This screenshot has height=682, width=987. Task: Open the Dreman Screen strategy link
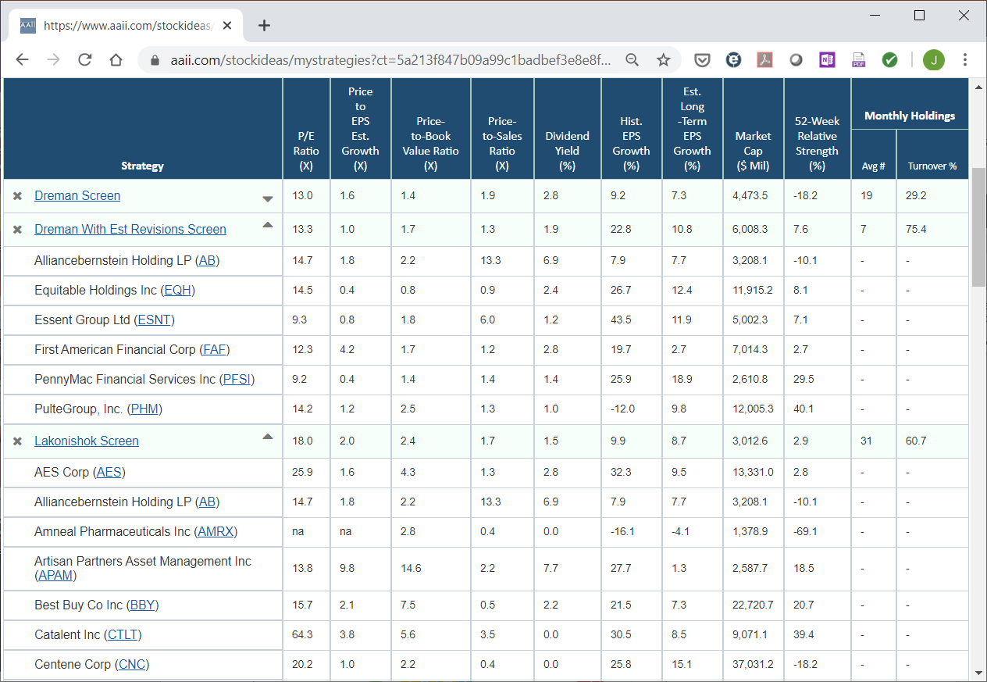coord(77,195)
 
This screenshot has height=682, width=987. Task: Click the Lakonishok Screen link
coord(87,441)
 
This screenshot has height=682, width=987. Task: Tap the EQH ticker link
coord(177,290)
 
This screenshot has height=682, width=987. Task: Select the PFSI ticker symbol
coord(237,379)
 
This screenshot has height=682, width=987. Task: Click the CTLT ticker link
coord(123,634)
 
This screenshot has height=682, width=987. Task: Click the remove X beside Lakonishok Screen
coord(17,441)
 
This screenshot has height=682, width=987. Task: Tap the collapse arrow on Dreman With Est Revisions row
coord(268,225)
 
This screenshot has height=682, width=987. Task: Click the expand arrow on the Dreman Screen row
coord(268,199)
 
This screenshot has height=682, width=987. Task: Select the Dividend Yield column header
coord(567,150)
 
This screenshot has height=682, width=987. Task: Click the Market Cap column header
coord(753,150)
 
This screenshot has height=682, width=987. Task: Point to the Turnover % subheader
coord(932,166)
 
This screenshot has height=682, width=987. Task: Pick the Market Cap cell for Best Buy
coord(753,605)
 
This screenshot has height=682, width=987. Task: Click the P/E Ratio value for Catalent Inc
coord(302,634)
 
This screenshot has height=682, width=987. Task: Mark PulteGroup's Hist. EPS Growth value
coord(622,409)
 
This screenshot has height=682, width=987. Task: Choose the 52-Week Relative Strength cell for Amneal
coord(805,531)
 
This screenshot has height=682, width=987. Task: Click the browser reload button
coord(84,59)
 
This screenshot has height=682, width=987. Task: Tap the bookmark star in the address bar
coord(663,59)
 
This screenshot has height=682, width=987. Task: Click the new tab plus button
coord(264,26)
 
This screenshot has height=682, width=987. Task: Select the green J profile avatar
coord(933,59)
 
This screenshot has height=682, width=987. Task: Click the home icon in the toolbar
coord(116,59)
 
